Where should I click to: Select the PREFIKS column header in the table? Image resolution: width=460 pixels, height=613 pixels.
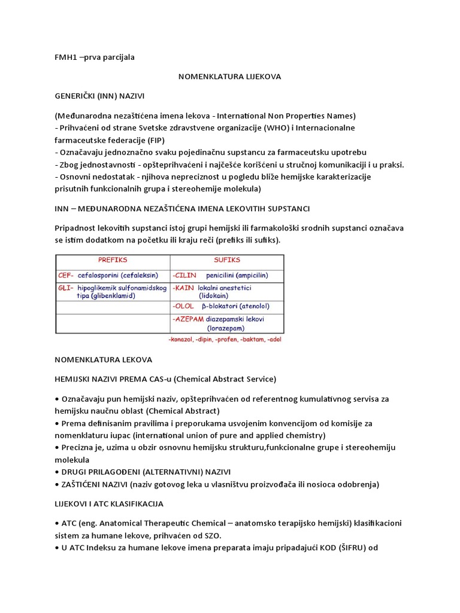tap(113, 260)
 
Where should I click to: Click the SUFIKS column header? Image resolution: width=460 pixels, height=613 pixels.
tap(227, 260)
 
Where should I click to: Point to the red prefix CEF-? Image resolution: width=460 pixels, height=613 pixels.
tap(66, 275)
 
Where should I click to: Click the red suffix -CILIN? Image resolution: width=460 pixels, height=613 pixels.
tap(186, 275)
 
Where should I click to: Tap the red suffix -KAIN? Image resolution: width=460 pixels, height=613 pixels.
tap(184, 288)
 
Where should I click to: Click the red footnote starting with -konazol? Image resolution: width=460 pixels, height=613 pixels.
tap(225, 339)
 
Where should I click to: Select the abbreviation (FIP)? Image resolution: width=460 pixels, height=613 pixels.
tap(180, 140)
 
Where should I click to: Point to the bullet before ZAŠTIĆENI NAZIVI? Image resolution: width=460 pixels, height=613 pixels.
tap(57, 484)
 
